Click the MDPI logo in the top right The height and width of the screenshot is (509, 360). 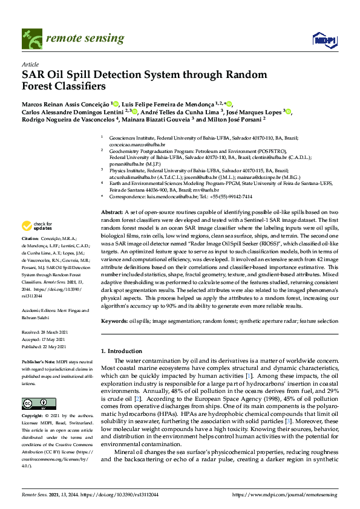point(324,40)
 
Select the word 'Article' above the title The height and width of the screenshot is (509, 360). point(30,63)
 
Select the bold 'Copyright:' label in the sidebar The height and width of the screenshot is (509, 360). point(33,417)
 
